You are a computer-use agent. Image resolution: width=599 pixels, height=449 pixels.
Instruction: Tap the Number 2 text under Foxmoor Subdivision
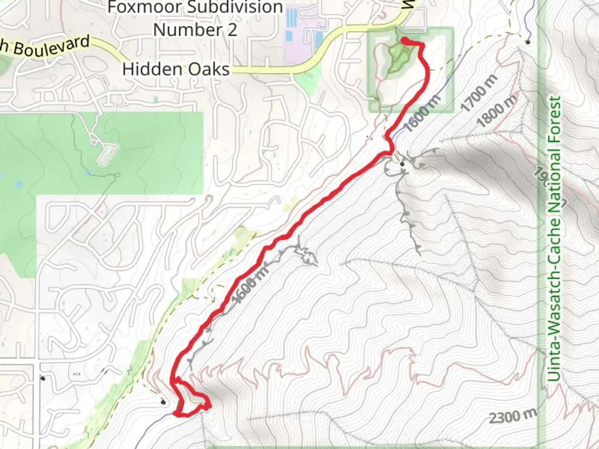pos(195,30)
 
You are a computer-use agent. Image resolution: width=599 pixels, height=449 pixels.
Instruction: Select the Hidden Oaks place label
pos(176,69)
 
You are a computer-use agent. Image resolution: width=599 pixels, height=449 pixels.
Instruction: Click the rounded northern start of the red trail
pos(403,40)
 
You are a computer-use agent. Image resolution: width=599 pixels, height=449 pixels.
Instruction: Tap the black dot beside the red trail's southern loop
pos(163,402)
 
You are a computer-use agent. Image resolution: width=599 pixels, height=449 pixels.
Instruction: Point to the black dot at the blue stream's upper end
pos(527,42)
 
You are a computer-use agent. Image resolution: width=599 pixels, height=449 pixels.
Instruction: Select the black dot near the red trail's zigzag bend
pos(402,164)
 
